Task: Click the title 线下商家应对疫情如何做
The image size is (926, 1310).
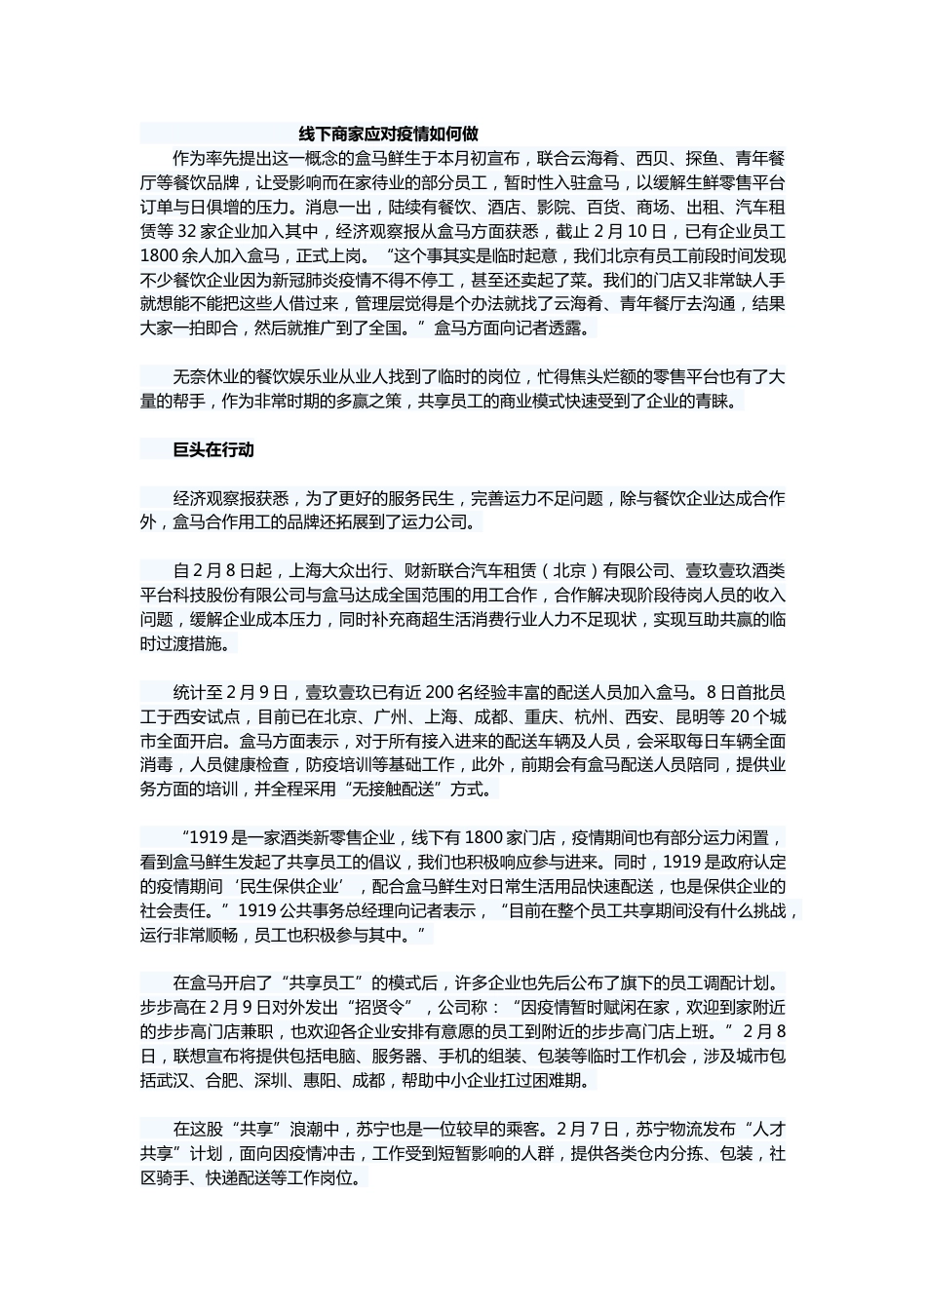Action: pyautogui.click(x=388, y=134)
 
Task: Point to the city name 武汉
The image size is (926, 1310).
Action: pyautogui.click(x=174, y=1081)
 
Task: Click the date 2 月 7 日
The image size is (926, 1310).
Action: pyautogui.click(x=588, y=1130)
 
